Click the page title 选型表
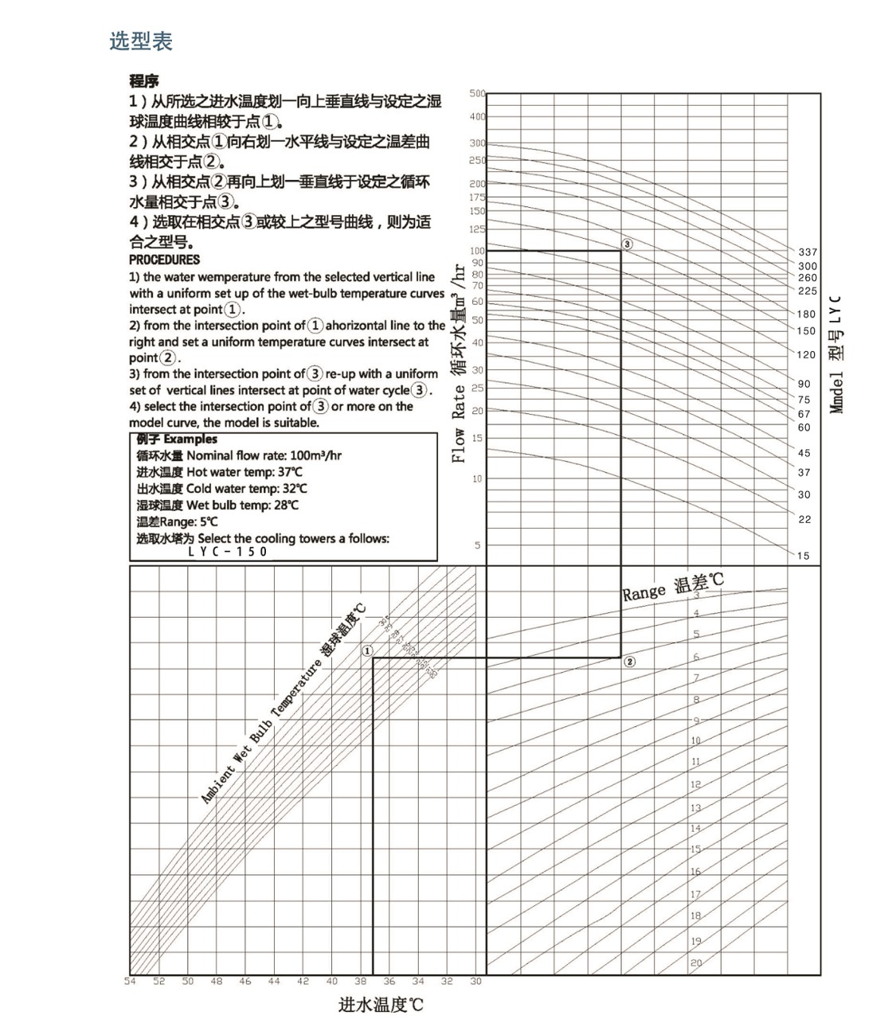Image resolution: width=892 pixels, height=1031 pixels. click(x=141, y=41)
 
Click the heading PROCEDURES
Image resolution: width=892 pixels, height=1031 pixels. click(x=164, y=260)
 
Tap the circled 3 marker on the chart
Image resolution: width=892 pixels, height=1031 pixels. click(x=627, y=244)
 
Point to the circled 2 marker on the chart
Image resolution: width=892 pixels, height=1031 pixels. click(x=630, y=662)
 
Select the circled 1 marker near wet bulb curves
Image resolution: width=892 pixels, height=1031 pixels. click(x=367, y=650)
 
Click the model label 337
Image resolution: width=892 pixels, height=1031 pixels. click(x=808, y=252)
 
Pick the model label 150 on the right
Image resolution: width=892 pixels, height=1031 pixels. click(x=807, y=331)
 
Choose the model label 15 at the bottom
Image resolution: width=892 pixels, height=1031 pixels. click(x=803, y=556)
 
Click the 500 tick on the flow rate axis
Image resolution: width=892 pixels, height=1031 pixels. click(x=477, y=94)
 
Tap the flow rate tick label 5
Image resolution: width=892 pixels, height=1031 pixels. click(x=478, y=545)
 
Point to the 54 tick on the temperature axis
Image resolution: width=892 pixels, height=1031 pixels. click(x=130, y=982)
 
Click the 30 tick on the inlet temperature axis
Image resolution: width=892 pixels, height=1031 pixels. click(x=475, y=982)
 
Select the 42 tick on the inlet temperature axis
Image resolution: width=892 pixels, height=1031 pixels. click(x=303, y=982)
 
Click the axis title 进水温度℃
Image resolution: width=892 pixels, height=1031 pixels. click(x=381, y=1005)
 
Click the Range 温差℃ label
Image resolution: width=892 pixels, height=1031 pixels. click(x=672, y=586)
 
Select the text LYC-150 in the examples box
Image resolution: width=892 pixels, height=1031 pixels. click(x=228, y=552)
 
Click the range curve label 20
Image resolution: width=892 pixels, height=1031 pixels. click(x=696, y=963)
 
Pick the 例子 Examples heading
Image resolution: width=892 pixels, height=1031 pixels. click(x=176, y=439)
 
